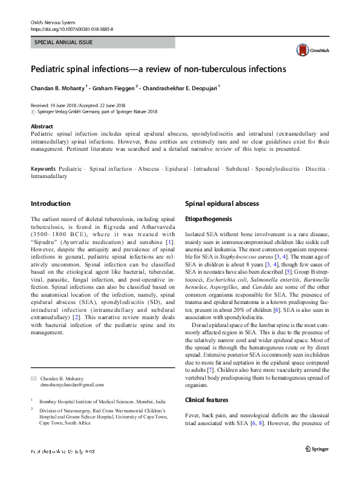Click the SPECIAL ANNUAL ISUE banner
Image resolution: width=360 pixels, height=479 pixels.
click(x=102, y=43)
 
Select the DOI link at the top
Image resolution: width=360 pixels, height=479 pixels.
click(x=71, y=28)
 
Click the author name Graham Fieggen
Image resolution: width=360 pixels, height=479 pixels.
click(x=114, y=88)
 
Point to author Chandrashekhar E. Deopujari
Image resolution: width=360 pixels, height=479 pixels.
click(x=180, y=88)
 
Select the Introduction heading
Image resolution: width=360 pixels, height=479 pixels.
click(x=50, y=203)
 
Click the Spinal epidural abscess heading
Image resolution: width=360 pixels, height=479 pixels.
click(x=221, y=203)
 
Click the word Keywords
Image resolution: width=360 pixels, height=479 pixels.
click(x=43, y=169)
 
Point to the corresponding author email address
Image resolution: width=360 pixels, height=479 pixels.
click(x=64, y=385)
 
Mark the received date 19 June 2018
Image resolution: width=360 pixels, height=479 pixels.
click(x=65, y=105)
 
